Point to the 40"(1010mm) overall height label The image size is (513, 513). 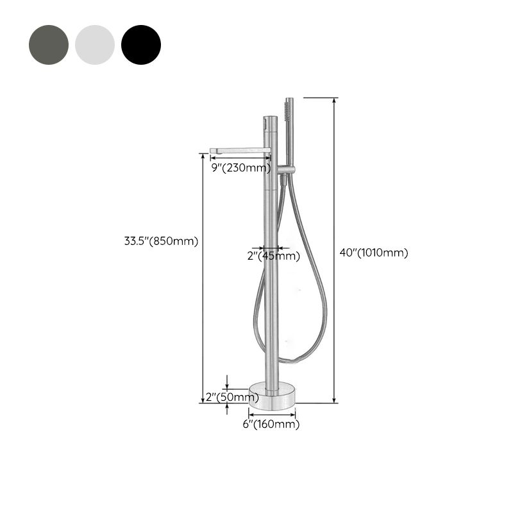point(373,253)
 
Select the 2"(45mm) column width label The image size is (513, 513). point(274,256)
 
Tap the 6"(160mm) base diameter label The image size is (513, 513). point(272,424)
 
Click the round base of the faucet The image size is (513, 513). point(272,396)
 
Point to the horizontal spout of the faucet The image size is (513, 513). point(239,151)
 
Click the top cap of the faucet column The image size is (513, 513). point(269,119)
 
